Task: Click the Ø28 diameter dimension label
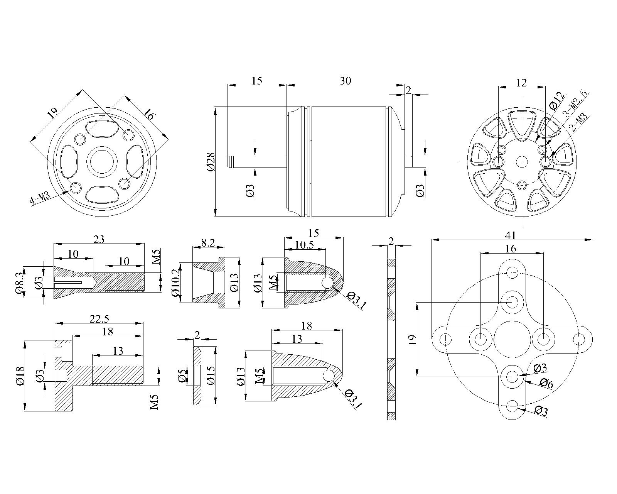tap(211, 162)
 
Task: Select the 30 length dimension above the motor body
tap(345, 81)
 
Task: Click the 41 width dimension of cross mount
tap(512, 235)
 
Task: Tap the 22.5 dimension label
tap(99, 319)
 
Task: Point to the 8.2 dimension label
tap(208, 243)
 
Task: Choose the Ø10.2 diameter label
tap(175, 283)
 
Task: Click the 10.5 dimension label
tap(304, 244)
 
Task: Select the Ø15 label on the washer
tap(211, 375)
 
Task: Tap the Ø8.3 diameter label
tap(20, 282)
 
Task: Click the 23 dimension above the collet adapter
tap(99, 239)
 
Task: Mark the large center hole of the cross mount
tap(512, 339)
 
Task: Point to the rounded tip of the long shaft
tap(230, 162)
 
